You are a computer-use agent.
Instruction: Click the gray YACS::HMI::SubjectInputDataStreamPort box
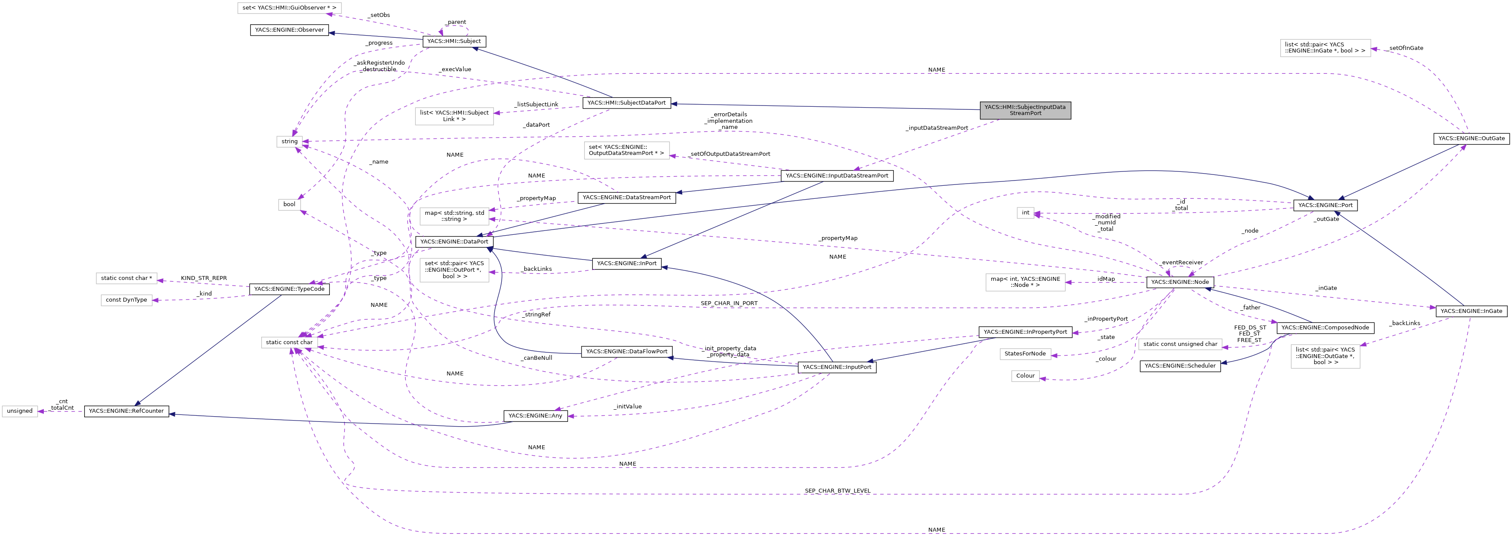[x=1024, y=110]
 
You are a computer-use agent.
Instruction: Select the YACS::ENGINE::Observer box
[x=289, y=30]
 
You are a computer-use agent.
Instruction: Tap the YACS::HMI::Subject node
[x=454, y=41]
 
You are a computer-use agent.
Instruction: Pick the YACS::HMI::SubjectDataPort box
[x=626, y=103]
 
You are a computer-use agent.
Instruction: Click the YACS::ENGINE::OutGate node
[x=1471, y=138]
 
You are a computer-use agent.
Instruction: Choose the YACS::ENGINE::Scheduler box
[x=1180, y=366]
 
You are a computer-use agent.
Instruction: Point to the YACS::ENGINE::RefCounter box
[x=126, y=411]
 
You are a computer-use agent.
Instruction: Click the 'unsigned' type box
[x=20, y=411]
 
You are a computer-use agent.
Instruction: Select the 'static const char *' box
[x=126, y=278]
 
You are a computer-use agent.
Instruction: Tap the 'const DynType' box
[x=126, y=300]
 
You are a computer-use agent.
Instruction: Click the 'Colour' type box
[x=1026, y=376]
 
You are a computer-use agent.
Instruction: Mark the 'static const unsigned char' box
[x=1180, y=344]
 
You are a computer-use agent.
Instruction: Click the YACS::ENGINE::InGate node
[x=1471, y=311]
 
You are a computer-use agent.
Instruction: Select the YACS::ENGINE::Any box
[x=535, y=416]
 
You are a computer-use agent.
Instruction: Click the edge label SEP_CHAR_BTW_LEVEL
[x=837, y=491]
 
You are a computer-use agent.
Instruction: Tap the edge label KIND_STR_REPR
[x=204, y=278]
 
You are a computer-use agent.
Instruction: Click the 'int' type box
[x=1026, y=213]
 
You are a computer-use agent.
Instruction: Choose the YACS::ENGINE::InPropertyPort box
[x=1025, y=332]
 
